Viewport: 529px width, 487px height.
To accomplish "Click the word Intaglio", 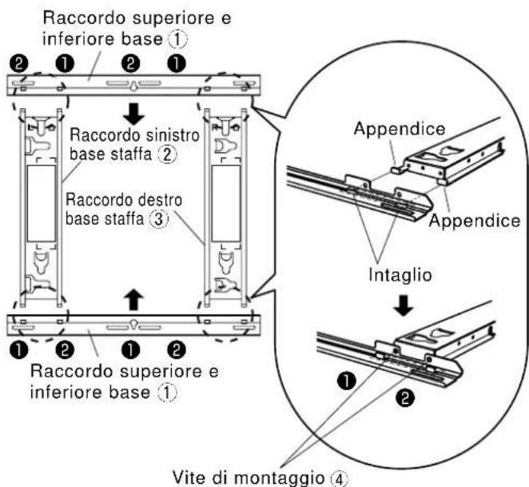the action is point(400,275).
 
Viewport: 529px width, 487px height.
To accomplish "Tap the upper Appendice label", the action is point(400,129).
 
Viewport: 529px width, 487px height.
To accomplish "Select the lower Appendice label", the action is point(475,221).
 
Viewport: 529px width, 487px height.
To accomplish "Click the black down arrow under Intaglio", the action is point(404,306).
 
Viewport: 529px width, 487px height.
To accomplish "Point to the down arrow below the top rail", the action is point(133,114).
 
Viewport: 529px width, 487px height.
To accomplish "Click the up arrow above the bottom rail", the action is point(133,300).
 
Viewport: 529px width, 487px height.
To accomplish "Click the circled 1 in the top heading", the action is point(177,39).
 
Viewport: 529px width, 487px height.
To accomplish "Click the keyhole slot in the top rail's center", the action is point(133,86).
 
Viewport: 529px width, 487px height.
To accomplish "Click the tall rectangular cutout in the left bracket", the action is point(42,203).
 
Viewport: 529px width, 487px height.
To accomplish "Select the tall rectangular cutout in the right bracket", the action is point(225,203).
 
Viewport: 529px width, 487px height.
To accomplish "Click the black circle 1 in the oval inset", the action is point(347,381).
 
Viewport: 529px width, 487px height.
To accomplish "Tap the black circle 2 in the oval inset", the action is point(405,397).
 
